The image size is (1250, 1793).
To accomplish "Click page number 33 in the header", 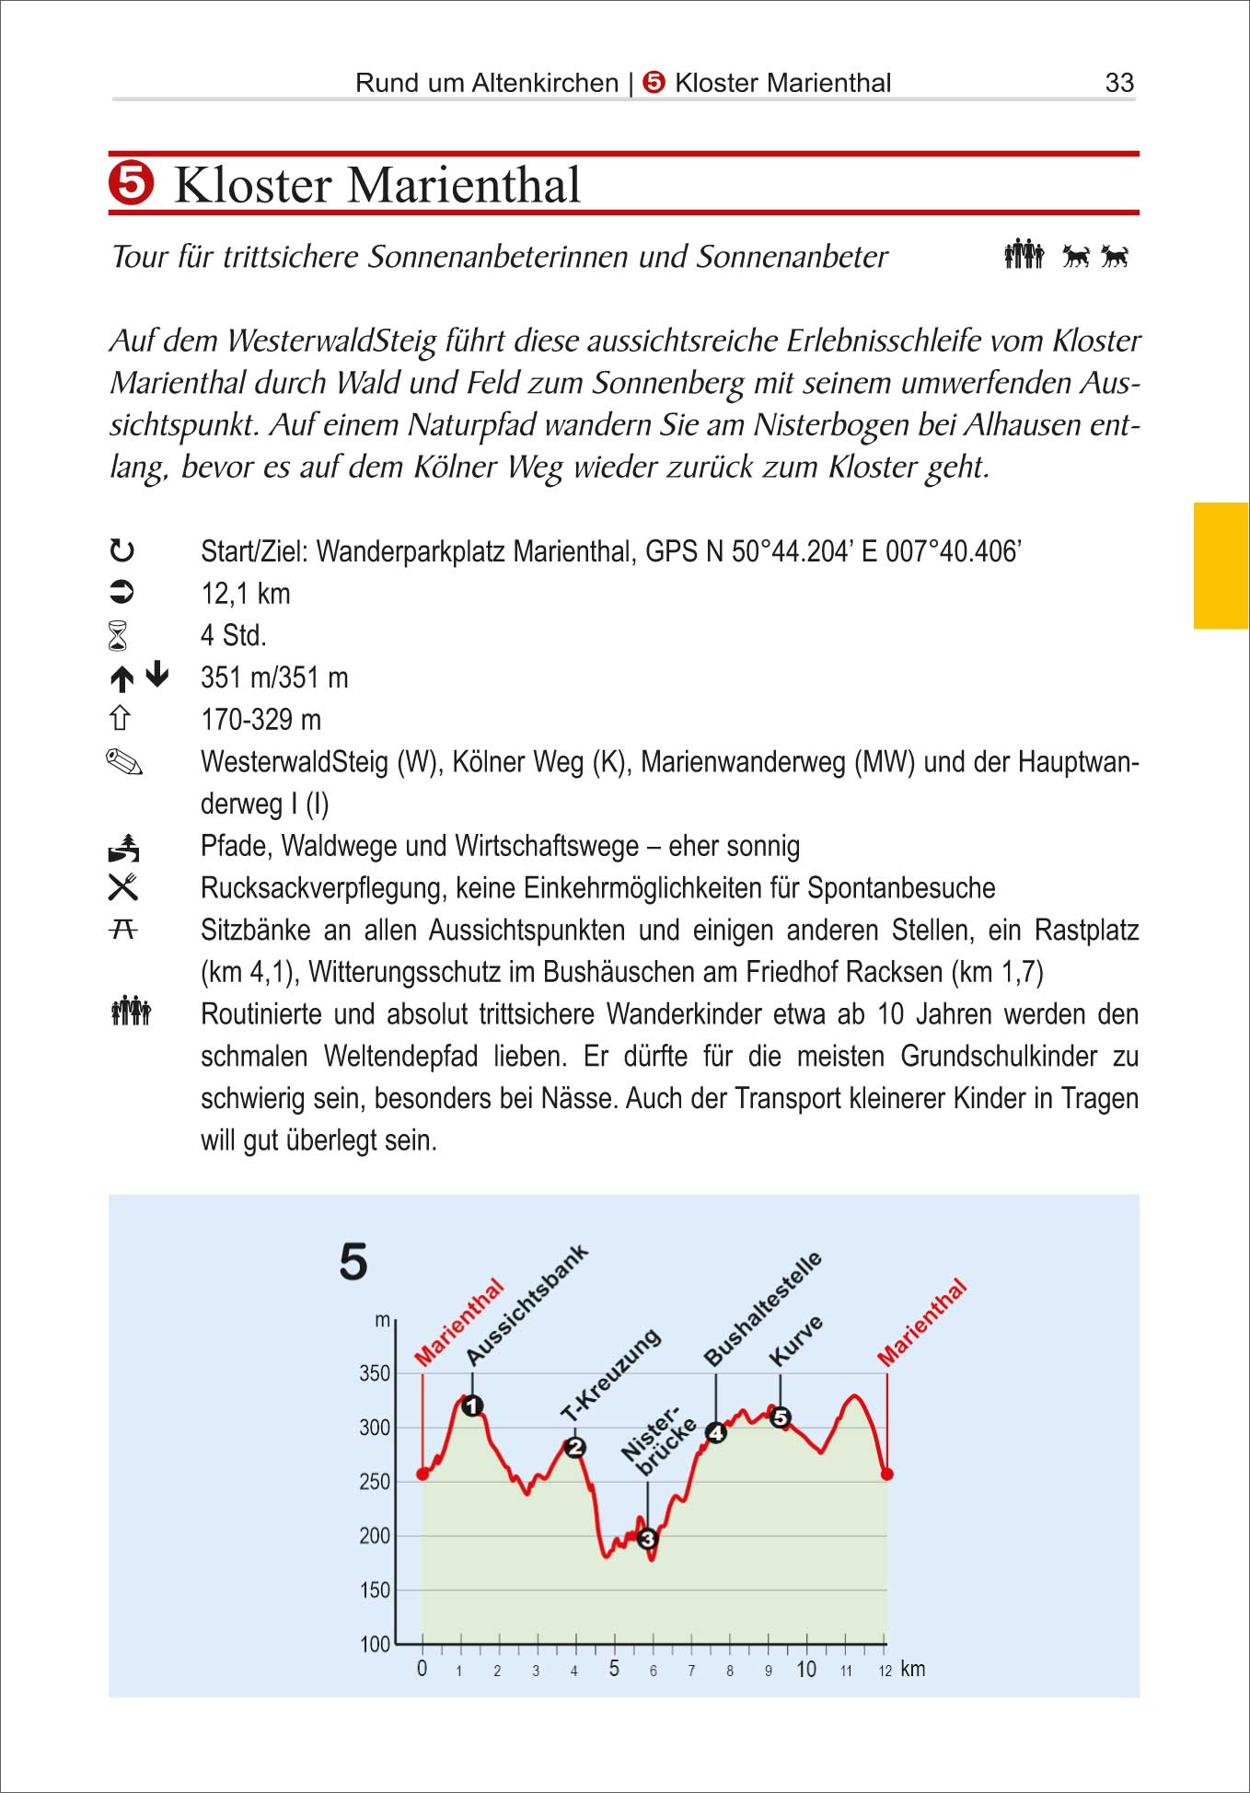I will (x=1118, y=83).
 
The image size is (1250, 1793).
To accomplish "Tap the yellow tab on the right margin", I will (x=1221, y=565).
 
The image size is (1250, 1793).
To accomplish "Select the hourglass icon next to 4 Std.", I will (x=119, y=636).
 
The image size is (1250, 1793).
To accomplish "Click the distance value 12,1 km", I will (x=246, y=594).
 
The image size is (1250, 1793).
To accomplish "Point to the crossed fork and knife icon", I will (x=123, y=887).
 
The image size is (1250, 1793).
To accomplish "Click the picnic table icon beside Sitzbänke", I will (x=123, y=930).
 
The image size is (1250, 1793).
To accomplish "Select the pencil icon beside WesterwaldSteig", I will (x=124, y=762).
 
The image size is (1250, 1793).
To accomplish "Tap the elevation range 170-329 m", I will (x=260, y=720).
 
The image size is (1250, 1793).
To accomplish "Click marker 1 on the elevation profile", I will (x=472, y=1405).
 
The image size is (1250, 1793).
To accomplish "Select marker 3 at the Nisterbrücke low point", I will (x=647, y=1538).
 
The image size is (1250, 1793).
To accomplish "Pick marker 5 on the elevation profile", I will (x=781, y=1417).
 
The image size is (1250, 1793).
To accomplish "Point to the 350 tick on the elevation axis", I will (x=375, y=1373).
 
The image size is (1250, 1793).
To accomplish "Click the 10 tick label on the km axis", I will (x=806, y=1669).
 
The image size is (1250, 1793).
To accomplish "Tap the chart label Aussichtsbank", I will (x=527, y=1305).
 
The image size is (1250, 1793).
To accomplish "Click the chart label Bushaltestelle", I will (x=762, y=1309).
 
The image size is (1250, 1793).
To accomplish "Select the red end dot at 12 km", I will (x=887, y=1474).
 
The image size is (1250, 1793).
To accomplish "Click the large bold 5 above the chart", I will (x=353, y=1261).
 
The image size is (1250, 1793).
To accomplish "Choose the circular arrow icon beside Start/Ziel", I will (x=122, y=551).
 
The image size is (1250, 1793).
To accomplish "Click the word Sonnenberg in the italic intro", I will (x=667, y=383).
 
